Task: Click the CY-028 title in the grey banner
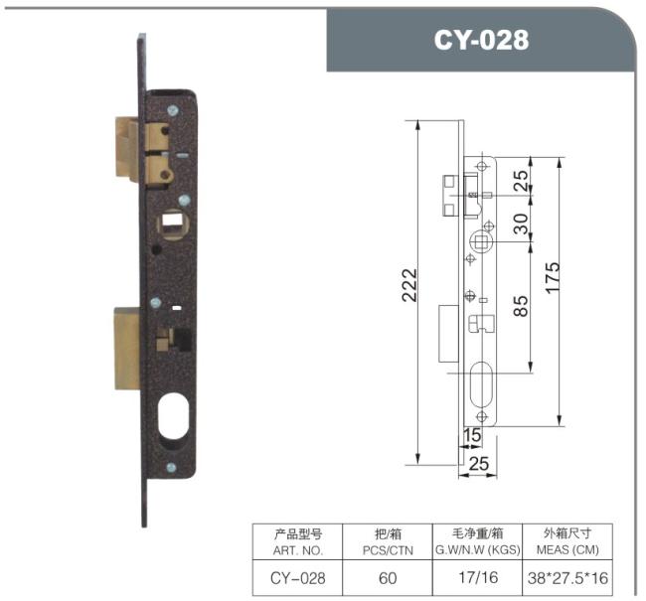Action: point(481,40)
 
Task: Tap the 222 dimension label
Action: point(409,285)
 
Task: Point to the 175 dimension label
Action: point(553,277)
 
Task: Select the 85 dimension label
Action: point(521,306)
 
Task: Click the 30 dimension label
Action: point(521,224)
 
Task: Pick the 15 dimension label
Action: point(472,435)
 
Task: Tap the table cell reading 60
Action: point(388,578)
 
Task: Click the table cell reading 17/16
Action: point(478,577)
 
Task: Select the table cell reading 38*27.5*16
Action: point(567,578)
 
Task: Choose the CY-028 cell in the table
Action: point(297,578)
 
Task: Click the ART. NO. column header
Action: point(297,550)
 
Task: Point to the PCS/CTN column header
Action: point(388,550)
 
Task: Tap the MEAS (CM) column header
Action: point(567,550)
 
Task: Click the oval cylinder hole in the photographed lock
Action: point(174,416)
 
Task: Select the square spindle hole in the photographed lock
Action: point(173,224)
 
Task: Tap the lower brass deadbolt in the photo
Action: point(127,348)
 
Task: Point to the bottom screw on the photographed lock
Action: point(171,468)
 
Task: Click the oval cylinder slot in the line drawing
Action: point(481,383)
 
